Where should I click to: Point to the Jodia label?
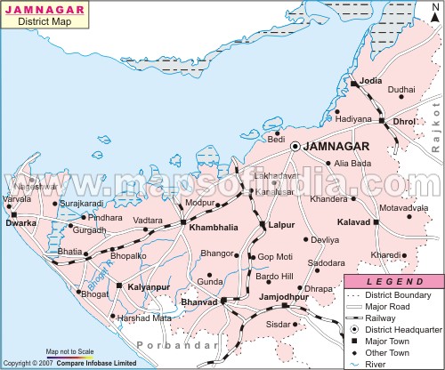tap(372, 81)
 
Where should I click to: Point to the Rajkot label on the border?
tap(435, 130)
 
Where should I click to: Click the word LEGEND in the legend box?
tap(392, 281)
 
